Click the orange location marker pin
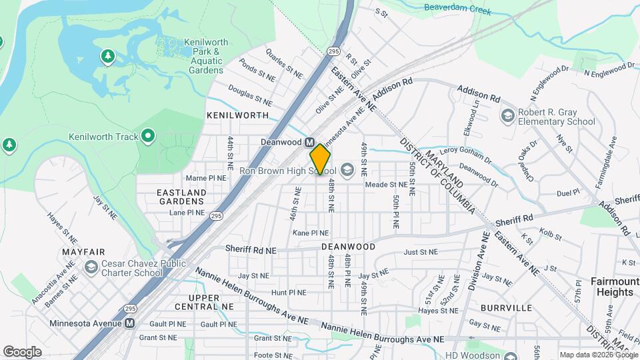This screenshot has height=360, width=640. coord(320,159)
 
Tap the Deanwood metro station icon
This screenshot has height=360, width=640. coord(310,143)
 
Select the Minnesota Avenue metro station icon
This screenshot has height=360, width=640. coord(130,323)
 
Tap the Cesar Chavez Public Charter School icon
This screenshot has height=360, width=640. coord(91,267)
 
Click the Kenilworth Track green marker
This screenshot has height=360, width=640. coord(148,137)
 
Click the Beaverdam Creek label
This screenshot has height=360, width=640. coord(457,11)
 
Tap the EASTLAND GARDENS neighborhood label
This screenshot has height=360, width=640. coord(181,197)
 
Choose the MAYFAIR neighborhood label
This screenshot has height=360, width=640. coord(83,253)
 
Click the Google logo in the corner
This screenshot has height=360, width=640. coord(22,352)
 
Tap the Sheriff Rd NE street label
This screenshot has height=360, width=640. coord(251,249)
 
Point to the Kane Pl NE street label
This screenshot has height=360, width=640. coord(311,233)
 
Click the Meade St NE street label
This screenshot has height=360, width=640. coord(385,184)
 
